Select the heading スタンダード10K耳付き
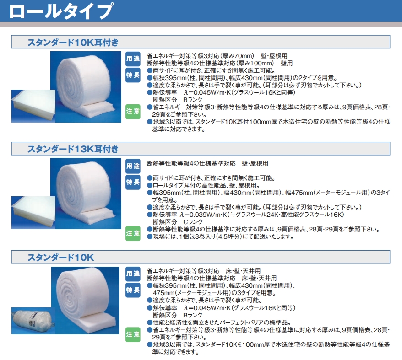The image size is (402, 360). (x=73, y=43)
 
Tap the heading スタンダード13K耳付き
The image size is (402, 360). (x=73, y=149)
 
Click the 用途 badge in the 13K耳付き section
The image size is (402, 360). (x=133, y=165)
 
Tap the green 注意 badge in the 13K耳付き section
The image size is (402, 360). (x=133, y=232)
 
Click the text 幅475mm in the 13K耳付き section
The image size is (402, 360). (x=299, y=193)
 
